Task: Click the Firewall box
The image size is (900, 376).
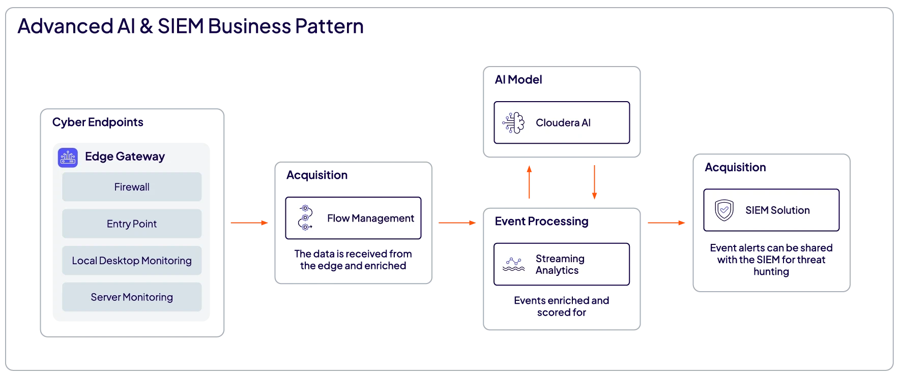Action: click(132, 187)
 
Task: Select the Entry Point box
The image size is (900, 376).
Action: click(132, 224)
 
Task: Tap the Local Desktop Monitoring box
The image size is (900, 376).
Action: click(132, 261)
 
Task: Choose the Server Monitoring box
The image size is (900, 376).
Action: click(132, 297)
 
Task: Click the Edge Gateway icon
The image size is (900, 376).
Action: click(68, 157)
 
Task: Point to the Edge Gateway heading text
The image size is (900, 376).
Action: click(125, 156)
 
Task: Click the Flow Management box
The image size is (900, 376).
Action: click(354, 218)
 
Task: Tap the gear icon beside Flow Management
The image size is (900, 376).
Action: click(305, 218)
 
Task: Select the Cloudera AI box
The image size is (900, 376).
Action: click(562, 123)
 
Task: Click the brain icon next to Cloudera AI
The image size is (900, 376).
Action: click(513, 123)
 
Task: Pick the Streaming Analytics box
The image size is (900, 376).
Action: click(562, 264)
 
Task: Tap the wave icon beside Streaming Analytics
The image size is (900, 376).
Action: click(513, 264)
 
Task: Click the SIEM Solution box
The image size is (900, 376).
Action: click(771, 210)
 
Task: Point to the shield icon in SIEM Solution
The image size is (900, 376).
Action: click(724, 210)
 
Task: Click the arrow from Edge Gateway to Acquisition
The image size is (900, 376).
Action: click(248, 223)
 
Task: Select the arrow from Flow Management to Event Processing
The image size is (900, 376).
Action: click(456, 223)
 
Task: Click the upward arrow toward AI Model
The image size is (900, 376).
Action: click(529, 181)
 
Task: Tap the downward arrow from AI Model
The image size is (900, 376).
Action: click(594, 182)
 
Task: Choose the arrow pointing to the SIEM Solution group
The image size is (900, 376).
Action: click(667, 222)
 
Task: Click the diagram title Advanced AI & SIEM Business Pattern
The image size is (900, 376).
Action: click(191, 26)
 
